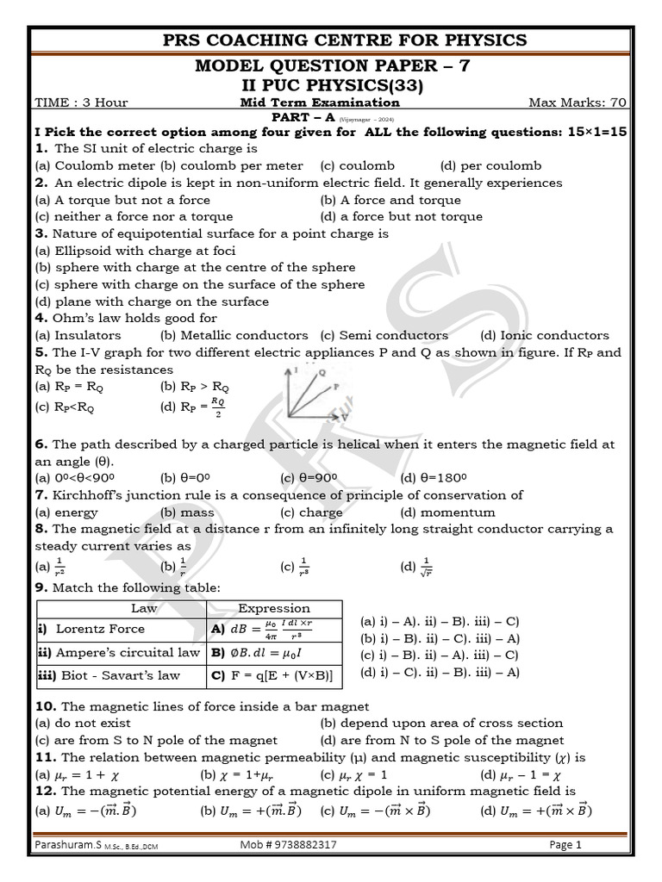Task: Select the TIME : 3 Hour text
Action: tap(81, 102)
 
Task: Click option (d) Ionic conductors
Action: tap(544, 335)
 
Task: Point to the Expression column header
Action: tap(274, 608)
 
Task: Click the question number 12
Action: tap(45, 791)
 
